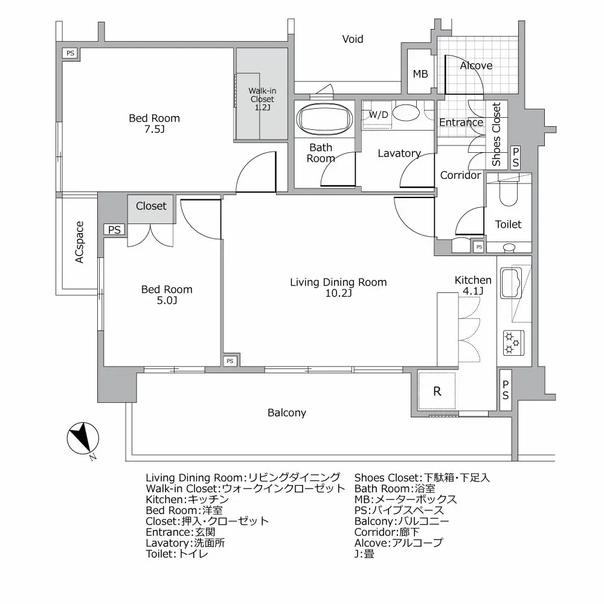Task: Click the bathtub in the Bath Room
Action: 325,119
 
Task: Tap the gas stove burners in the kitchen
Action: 513,342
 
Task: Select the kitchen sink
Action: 511,283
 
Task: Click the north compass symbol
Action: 83,439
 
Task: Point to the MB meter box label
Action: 420,74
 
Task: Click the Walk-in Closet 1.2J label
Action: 262,99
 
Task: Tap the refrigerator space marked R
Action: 437,391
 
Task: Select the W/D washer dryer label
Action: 378,114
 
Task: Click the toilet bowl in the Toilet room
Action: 509,193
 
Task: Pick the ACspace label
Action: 79,242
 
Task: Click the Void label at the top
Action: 353,39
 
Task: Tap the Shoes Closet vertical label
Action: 496,135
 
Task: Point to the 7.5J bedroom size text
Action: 154,129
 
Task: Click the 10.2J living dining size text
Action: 338,293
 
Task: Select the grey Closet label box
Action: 150,209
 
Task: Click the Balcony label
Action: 286,413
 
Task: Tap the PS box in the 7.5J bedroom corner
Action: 70,53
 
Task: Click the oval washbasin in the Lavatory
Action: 406,113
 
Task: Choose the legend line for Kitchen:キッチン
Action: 187,500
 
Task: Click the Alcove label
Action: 476,65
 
